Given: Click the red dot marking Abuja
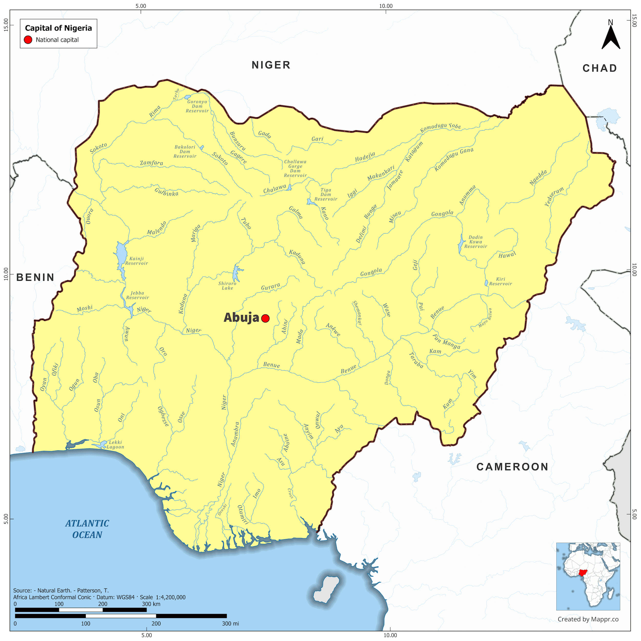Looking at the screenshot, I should pyautogui.click(x=265, y=318).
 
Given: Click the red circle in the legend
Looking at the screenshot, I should pyautogui.click(x=28, y=40).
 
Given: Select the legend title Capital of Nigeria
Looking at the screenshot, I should pyautogui.click(x=58, y=28).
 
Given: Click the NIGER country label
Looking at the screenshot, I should pyautogui.click(x=271, y=65).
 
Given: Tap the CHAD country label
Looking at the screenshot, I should pyautogui.click(x=599, y=68).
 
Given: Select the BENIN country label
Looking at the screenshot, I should pyautogui.click(x=35, y=277).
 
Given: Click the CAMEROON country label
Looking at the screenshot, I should pyautogui.click(x=512, y=467).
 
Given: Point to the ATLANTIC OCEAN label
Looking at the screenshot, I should pyautogui.click(x=87, y=529).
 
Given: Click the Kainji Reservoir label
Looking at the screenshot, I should pyautogui.click(x=136, y=261).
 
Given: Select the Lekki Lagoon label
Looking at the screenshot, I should pyautogui.click(x=115, y=445).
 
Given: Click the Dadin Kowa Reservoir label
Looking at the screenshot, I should pyautogui.click(x=475, y=242).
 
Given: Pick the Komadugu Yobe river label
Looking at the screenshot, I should pyautogui.click(x=440, y=127).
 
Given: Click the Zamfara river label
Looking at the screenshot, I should pyautogui.click(x=151, y=163).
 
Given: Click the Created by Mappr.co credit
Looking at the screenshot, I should pyautogui.click(x=588, y=619).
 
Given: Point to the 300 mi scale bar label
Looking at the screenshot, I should pyautogui.click(x=230, y=624).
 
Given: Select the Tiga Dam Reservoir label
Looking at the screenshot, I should pyautogui.click(x=326, y=195).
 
